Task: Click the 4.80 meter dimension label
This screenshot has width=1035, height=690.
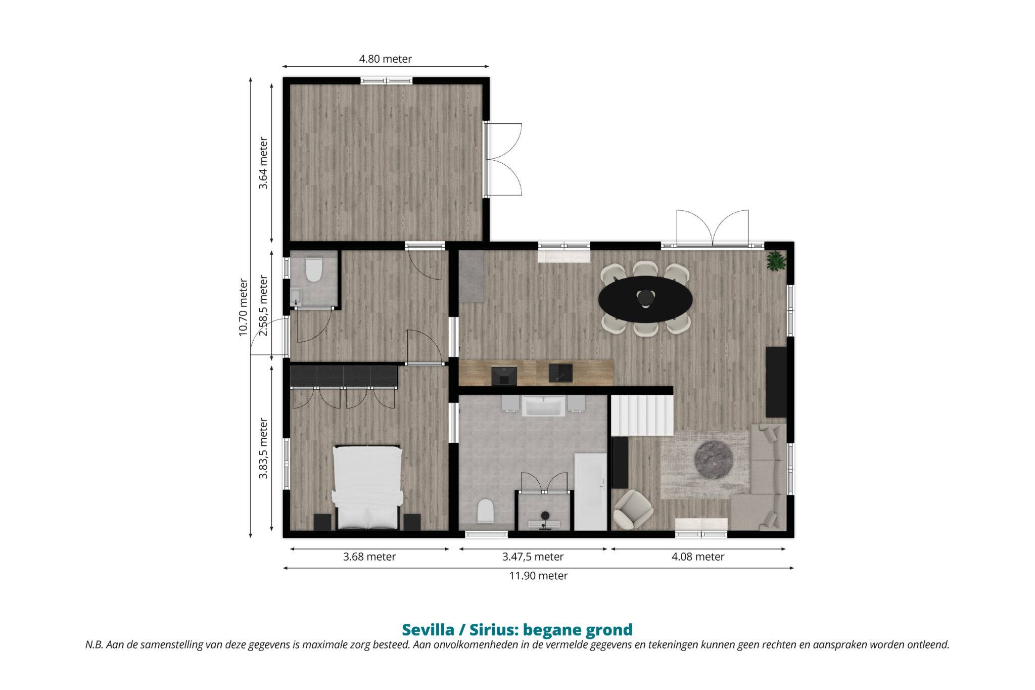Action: coord(385,59)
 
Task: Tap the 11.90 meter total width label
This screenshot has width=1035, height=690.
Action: coord(538,576)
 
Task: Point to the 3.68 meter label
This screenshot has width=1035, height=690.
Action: coord(369,557)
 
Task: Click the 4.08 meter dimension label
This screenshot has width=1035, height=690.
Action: coord(698,557)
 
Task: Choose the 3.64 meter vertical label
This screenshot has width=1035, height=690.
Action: coord(263,163)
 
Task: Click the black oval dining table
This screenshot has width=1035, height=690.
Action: coord(645,299)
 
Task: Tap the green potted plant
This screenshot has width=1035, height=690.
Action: coord(776,261)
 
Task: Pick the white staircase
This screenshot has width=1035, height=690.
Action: coord(642,415)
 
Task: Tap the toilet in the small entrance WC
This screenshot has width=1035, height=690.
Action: coord(314,269)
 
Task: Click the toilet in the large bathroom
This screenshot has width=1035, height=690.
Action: coord(485,511)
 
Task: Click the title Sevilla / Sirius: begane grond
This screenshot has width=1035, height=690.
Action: coord(517,630)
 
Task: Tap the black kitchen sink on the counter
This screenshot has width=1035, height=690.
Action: coord(561,373)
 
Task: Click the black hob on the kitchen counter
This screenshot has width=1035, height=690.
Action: coord(504,376)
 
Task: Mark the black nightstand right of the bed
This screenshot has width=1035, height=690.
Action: coord(412,522)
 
